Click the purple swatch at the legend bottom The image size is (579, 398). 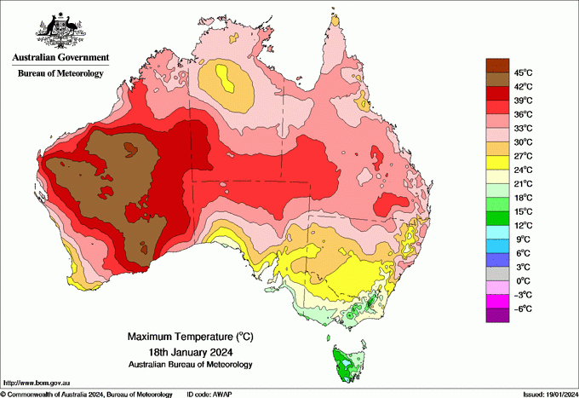click(496, 315)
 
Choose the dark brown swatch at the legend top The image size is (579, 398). click(496, 65)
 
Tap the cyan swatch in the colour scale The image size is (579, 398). click(496, 232)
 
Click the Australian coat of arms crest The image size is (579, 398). click(60, 31)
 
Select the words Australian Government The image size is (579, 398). click(60, 58)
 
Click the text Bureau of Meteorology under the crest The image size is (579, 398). click(60, 74)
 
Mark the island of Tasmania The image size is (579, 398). click(347, 363)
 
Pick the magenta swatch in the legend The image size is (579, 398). click(496, 302)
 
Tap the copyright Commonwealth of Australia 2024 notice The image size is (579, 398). click(85, 394)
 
